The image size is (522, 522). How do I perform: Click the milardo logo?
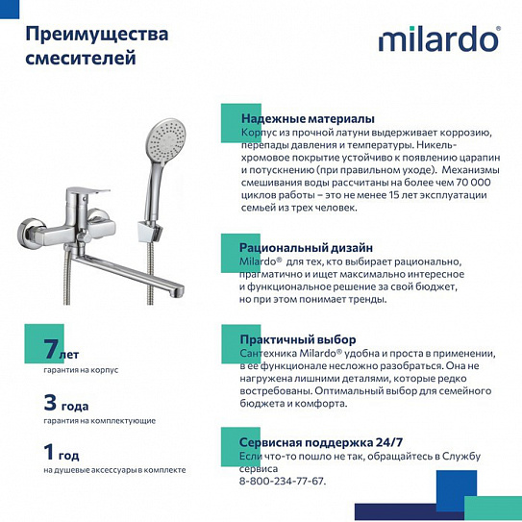438,39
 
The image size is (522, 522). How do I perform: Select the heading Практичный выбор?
298,339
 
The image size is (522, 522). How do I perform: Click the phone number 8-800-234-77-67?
282,482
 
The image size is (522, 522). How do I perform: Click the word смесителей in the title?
80,58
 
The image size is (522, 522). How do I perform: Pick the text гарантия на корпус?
81,370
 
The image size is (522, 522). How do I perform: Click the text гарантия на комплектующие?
99,421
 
